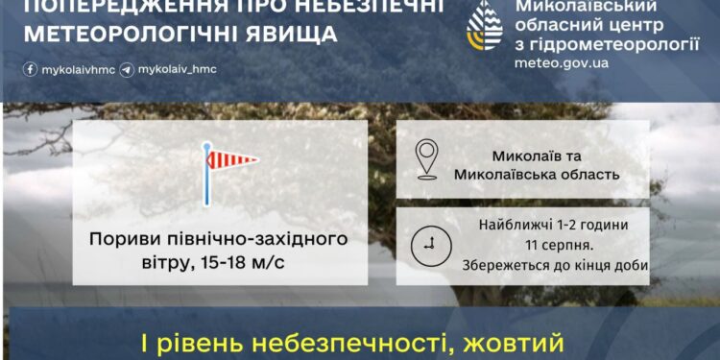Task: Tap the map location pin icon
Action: click(x=427, y=158)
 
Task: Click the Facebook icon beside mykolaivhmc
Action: click(x=30, y=70)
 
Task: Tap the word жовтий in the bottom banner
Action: click(x=509, y=343)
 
